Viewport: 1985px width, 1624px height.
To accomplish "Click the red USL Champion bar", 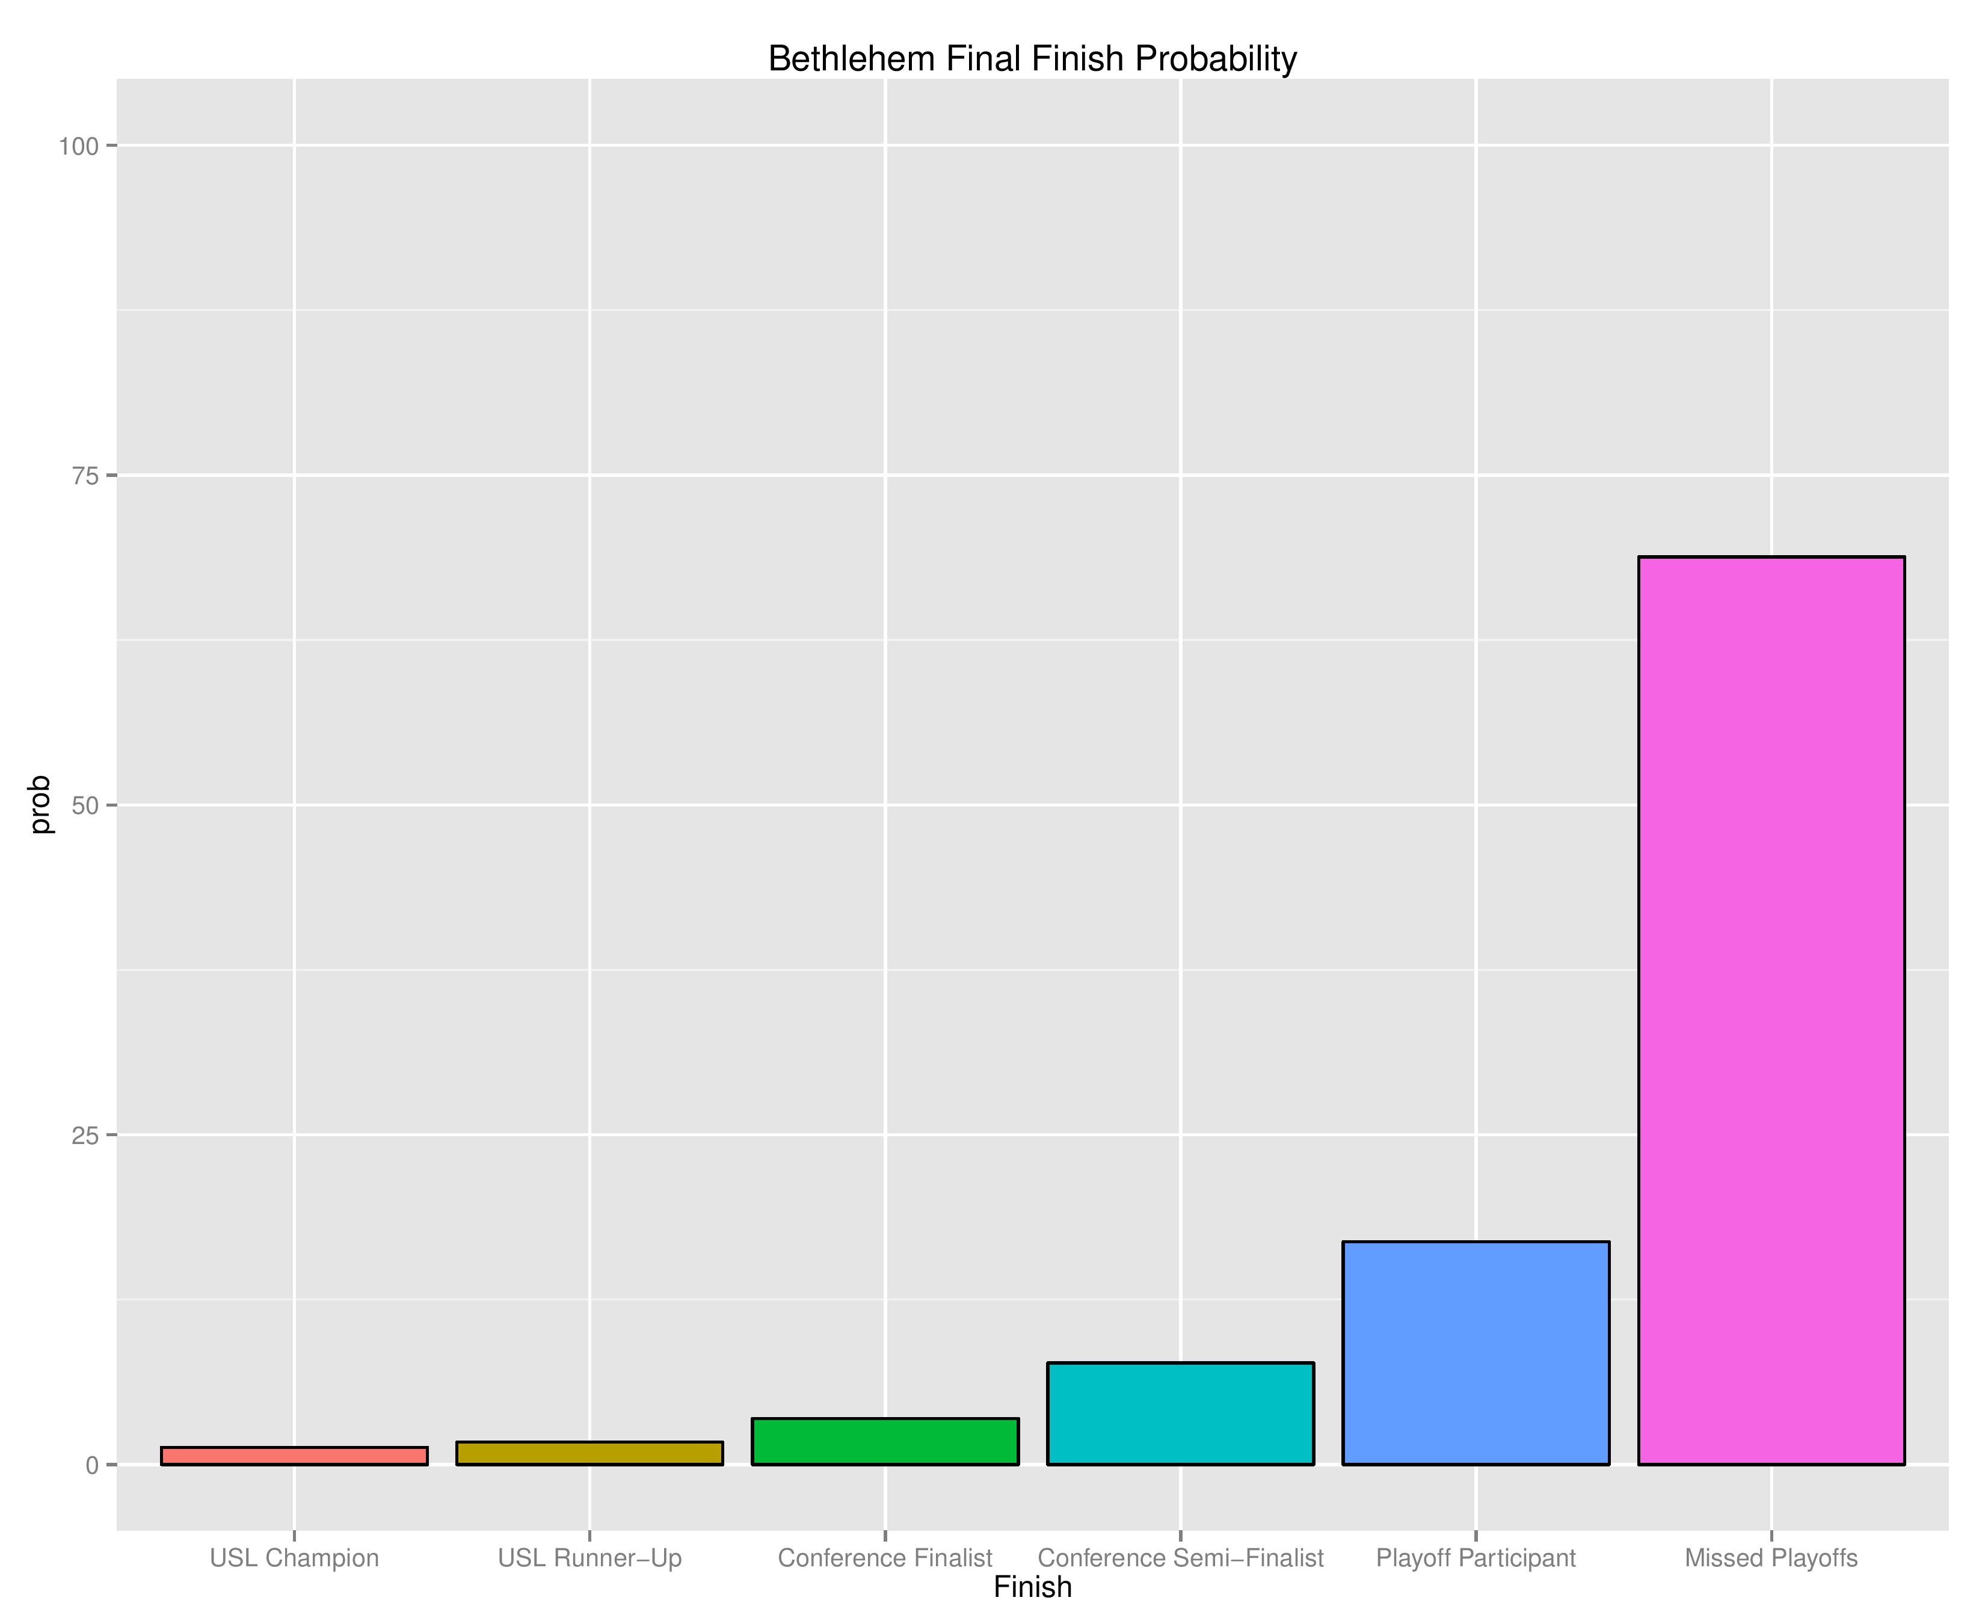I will pyautogui.click(x=294, y=1456).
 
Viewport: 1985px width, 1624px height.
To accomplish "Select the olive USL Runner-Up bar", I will pyautogui.click(x=589, y=1453).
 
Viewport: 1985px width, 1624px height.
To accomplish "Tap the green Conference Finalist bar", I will pyautogui.click(x=885, y=1442).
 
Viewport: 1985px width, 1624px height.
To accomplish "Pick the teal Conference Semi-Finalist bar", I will pyautogui.click(x=1181, y=1413).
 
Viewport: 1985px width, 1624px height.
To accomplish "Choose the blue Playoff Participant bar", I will pyautogui.click(x=1475, y=1353).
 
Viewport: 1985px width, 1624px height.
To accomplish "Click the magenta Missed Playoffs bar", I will pyautogui.click(x=1771, y=1010).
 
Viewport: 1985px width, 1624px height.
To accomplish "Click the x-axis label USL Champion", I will pyautogui.click(x=294, y=1558).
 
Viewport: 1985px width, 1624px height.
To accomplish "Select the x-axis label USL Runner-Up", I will pyautogui.click(x=589, y=1558).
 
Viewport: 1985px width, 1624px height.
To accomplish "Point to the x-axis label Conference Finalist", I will pyautogui.click(x=885, y=1558).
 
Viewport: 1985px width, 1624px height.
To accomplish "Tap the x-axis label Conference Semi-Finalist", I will pyautogui.click(x=1181, y=1558).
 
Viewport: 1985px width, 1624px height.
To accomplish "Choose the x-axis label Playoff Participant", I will pyautogui.click(x=1475, y=1558).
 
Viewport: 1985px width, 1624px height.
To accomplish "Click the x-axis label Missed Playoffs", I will pyautogui.click(x=1771, y=1558).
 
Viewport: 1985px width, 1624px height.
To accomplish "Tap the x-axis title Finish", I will pyautogui.click(x=1032, y=1587).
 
